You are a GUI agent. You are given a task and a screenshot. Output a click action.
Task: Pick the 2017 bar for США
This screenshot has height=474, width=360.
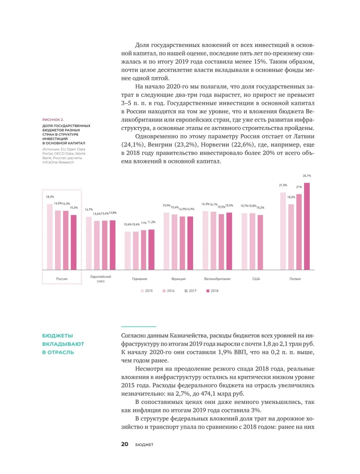pos(260,243)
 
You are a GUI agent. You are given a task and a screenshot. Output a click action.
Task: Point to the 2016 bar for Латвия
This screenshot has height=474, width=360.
pos(291,237)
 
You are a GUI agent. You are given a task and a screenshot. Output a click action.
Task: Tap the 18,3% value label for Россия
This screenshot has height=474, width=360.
pos(50,196)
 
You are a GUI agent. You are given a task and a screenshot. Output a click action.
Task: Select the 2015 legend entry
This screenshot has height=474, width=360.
pos(146,290)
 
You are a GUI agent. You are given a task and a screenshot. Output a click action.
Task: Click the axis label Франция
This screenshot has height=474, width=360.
pos(178,279)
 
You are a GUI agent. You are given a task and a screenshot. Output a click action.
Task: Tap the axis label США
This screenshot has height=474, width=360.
pos(256,279)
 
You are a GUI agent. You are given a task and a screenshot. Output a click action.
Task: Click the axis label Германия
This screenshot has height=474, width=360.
pos(139,279)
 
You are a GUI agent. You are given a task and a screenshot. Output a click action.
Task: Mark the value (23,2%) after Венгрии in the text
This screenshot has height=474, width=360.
pos(187,144)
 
